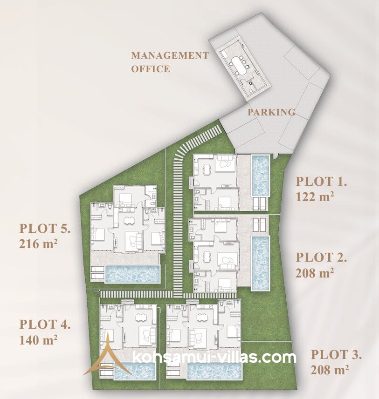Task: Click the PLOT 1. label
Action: [x=321, y=182]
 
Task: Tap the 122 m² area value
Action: [x=315, y=196]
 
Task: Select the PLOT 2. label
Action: [x=321, y=257]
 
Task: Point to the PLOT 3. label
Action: [x=336, y=355]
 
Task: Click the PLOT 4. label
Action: [x=45, y=325]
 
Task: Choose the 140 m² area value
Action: [x=38, y=340]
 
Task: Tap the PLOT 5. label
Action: [x=45, y=228]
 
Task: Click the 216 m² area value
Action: [x=38, y=244]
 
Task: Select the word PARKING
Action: [x=271, y=112]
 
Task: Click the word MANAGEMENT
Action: [x=170, y=55]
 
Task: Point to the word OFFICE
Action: [x=151, y=69]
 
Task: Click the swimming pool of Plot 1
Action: [x=261, y=176]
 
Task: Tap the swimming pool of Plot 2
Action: [x=261, y=263]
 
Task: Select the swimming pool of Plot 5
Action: [x=132, y=274]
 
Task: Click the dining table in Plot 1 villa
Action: [x=207, y=169]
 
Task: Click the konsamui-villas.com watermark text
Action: [x=214, y=357]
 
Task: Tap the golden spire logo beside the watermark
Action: [x=108, y=356]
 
